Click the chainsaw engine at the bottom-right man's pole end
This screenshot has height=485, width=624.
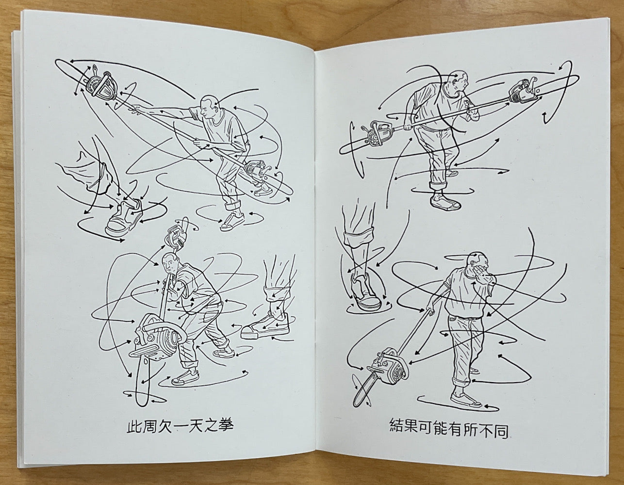tap(389, 370)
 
